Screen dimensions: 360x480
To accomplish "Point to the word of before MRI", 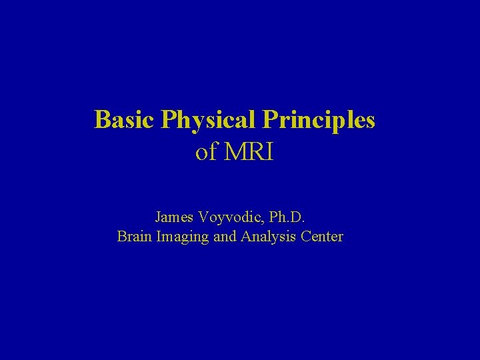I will coord(206,153).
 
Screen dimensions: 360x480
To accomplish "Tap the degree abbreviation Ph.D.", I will coord(287,217).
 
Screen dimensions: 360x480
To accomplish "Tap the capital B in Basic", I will coord(101,120).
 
